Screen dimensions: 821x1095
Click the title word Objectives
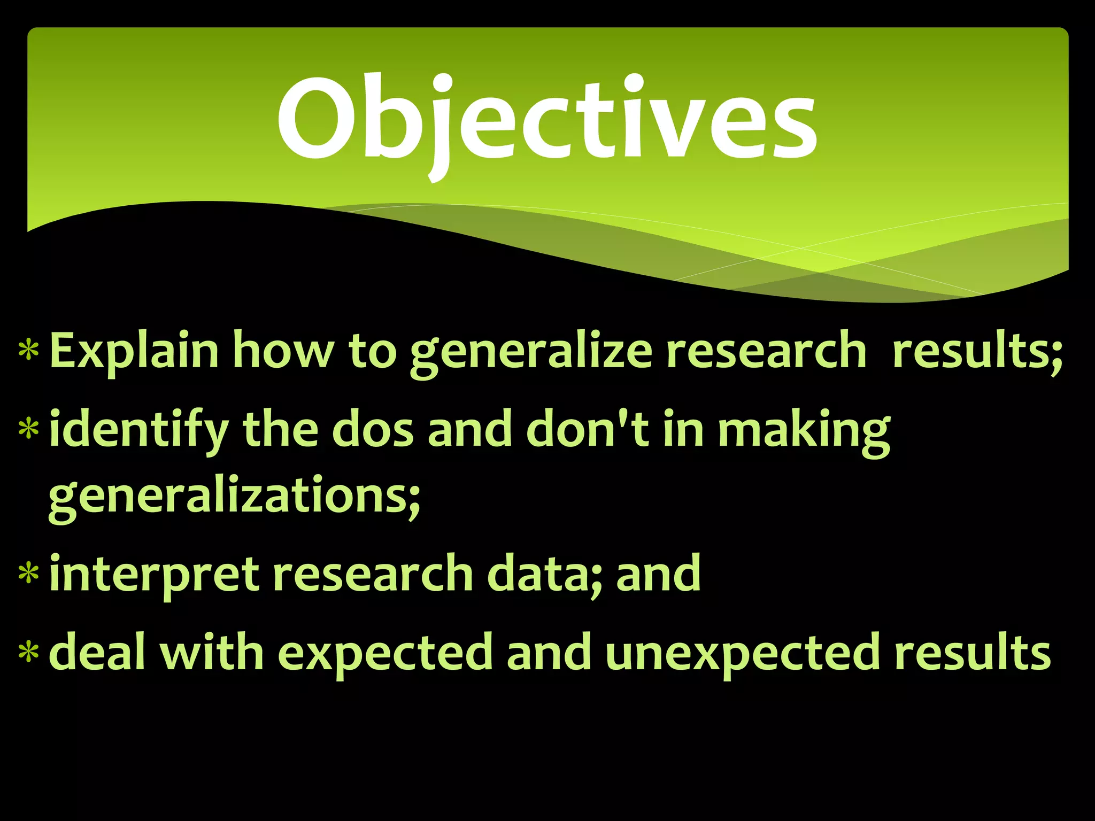click(x=546, y=120)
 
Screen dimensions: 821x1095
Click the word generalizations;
click(x=234, y=497)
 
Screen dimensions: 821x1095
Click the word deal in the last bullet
click(x=97, y=652)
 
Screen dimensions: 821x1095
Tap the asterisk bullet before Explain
click(x=28, y=351)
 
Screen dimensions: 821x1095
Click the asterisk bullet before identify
click(x=28, y=430)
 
